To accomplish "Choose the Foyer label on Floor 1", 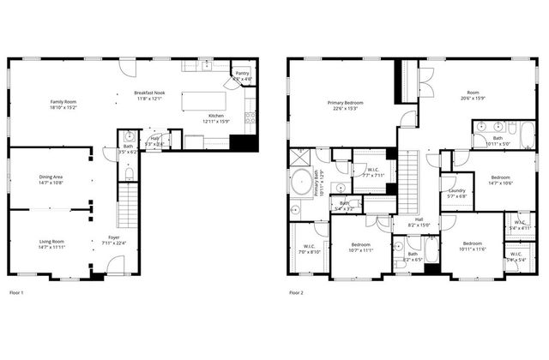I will (x=114, y=239).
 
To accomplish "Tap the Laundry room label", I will (x=457, y=193).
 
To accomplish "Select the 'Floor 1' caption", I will (x=16, y=294).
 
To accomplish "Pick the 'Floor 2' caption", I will (x=296, y=294).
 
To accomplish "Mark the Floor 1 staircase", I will (x=127, y=206).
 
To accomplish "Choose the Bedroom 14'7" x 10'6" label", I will (x=500, y=179).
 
